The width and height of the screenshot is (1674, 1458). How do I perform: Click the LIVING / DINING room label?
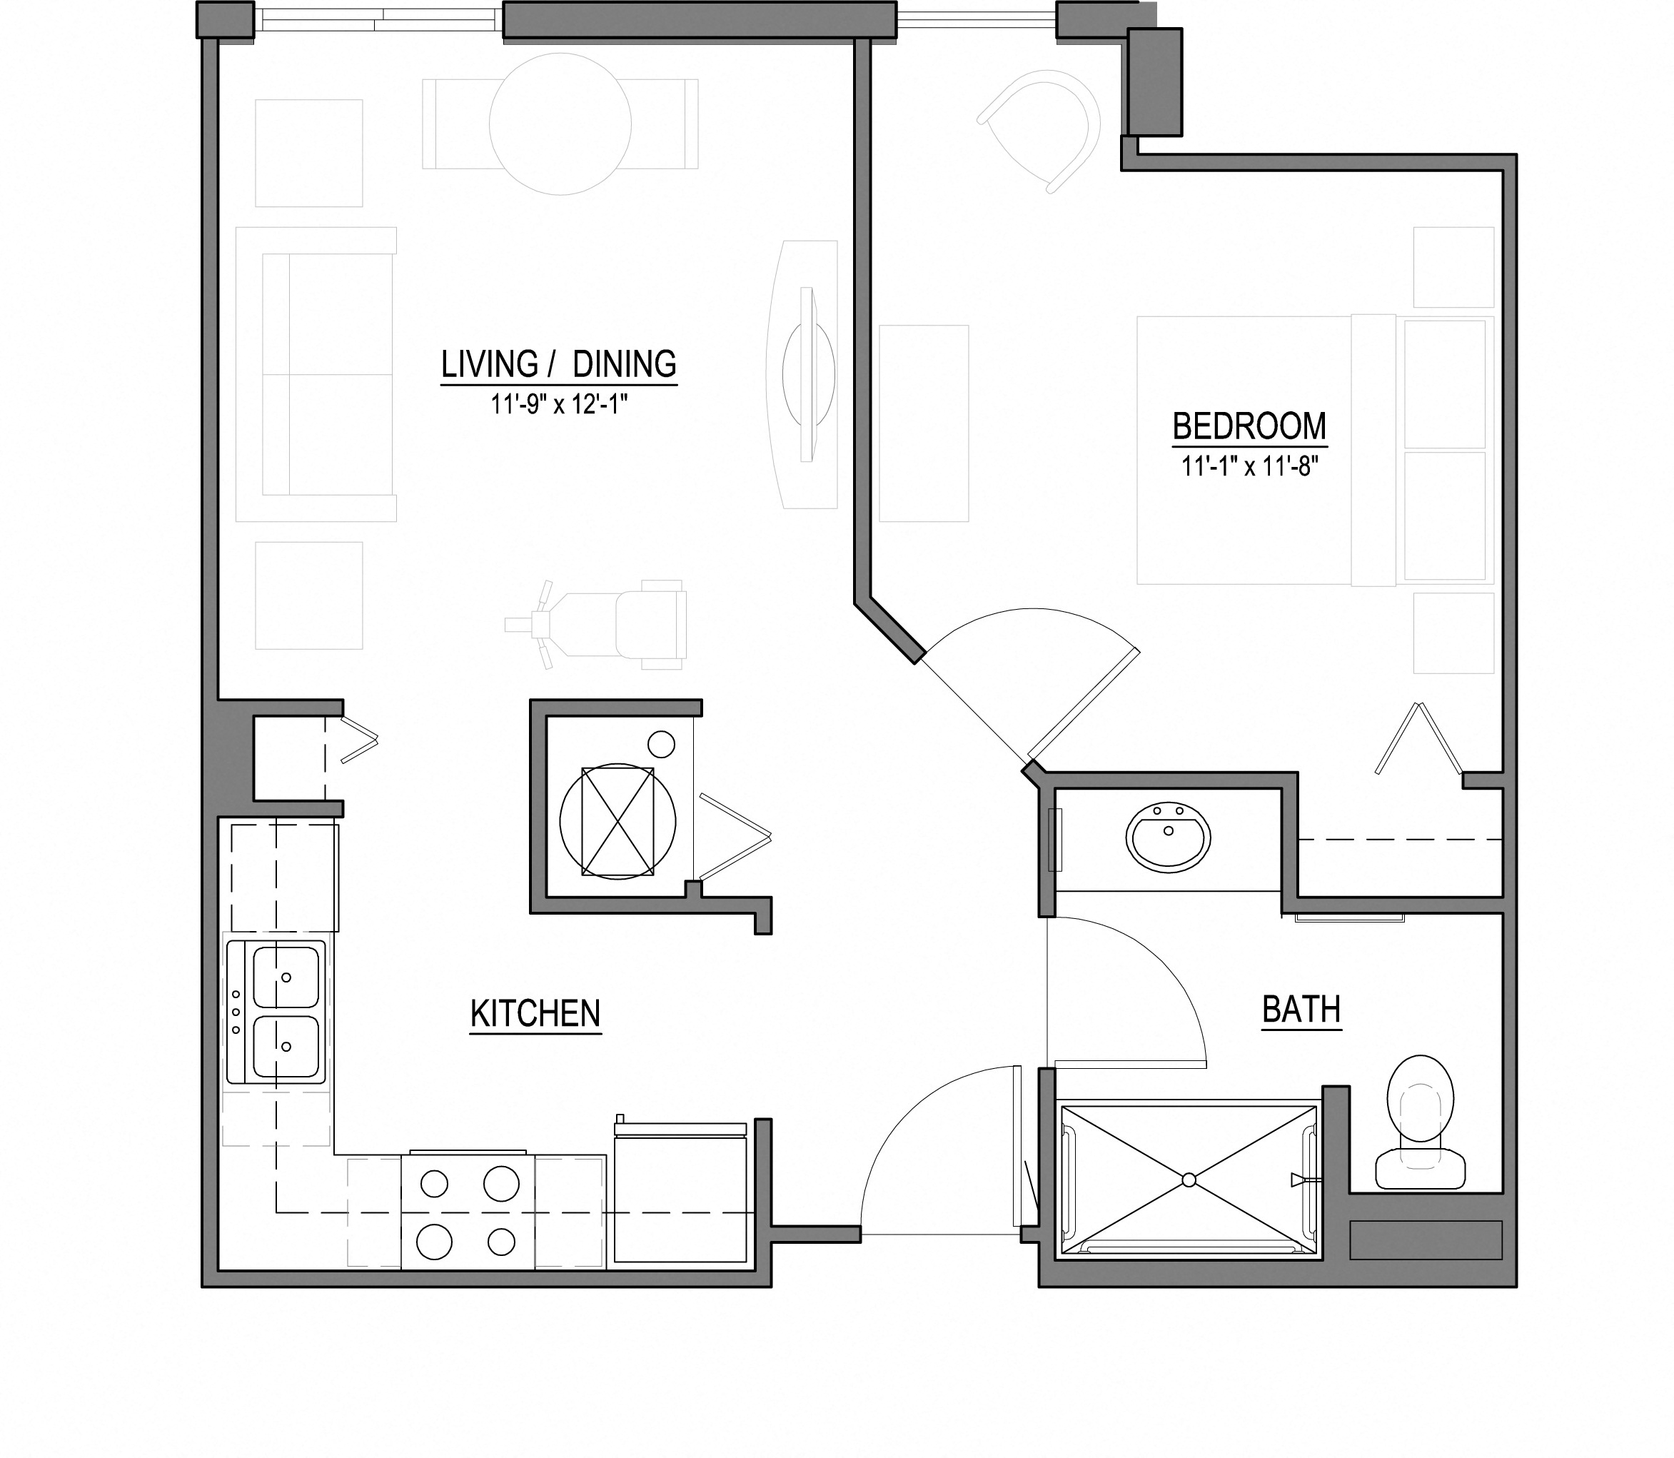(559, 364)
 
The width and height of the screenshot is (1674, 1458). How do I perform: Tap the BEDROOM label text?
(1249, 426)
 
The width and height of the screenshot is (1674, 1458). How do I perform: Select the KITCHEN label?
(535, 1014)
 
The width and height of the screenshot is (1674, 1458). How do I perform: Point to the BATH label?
(1301, 1010)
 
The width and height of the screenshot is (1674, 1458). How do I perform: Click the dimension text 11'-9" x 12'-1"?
(560, 404)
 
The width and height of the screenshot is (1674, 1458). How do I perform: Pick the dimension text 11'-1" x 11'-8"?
(1249, 466)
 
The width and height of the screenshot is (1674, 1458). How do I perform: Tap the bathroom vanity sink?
(1169, 835)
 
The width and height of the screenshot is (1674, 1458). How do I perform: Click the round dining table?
(560, 124)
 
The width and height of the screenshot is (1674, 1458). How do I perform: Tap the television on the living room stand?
(807, 374)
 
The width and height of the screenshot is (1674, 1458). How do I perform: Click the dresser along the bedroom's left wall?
(923, 423)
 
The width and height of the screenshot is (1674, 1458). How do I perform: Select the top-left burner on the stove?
(434, 1183)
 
